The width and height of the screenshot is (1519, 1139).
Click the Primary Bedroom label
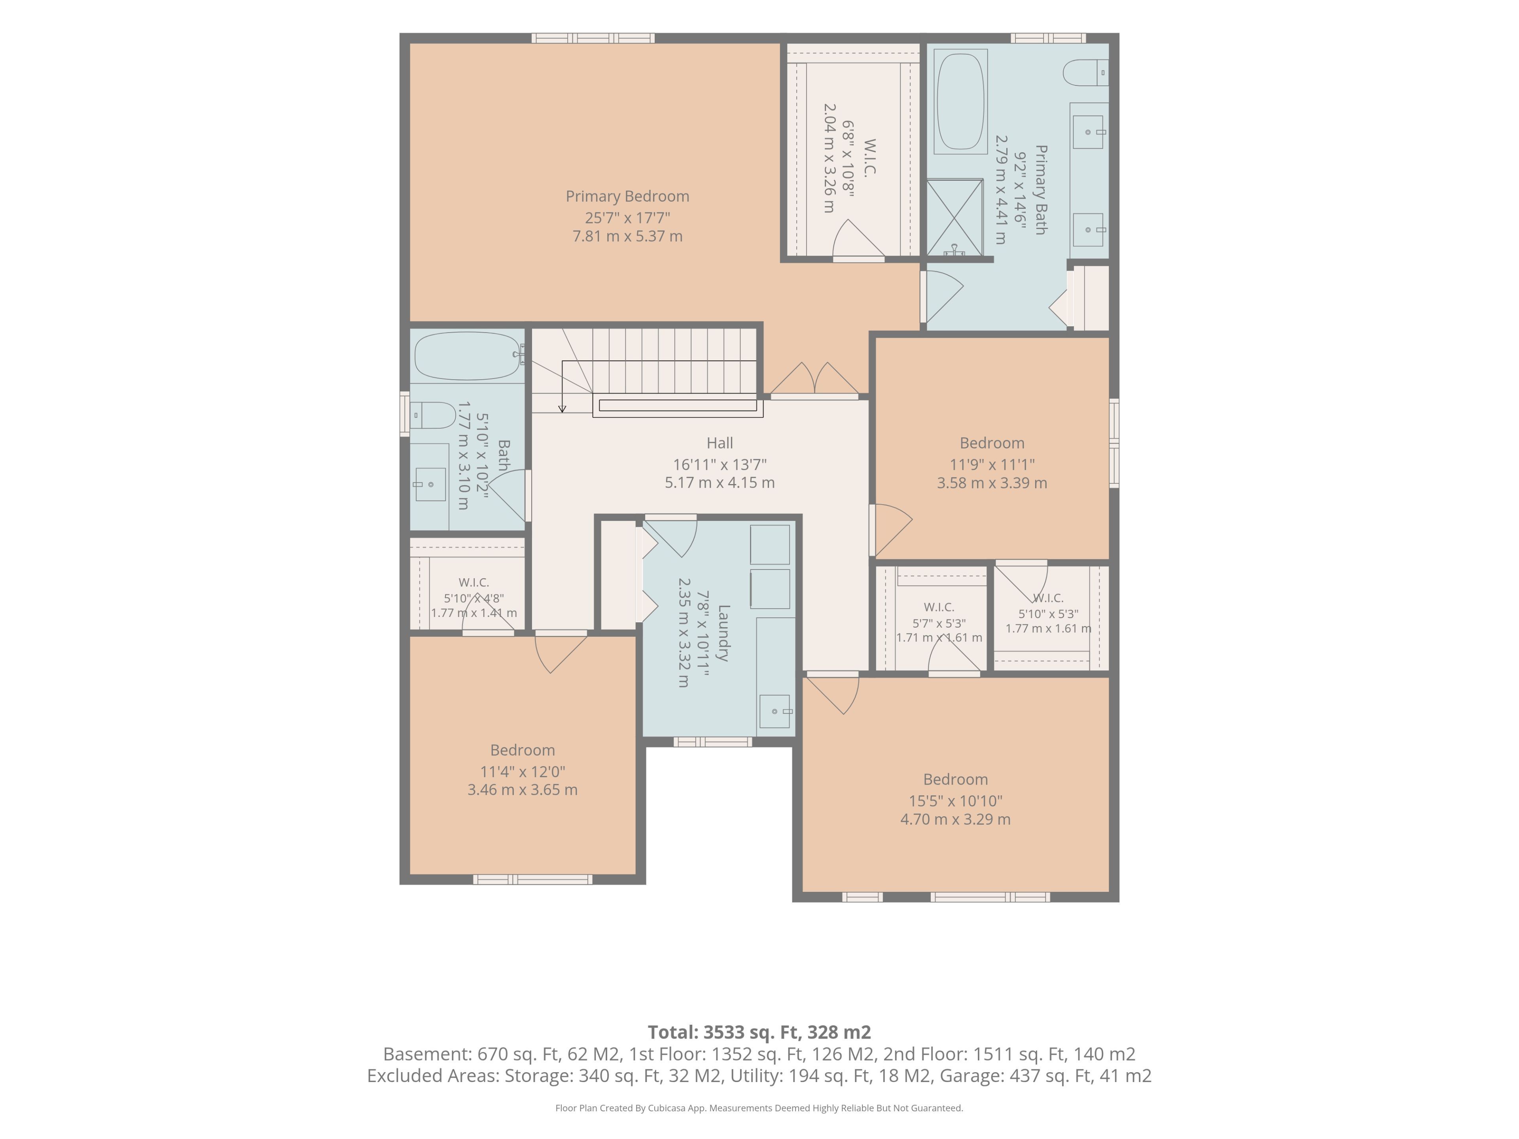[627, 196]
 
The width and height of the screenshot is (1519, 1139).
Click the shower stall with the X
[955, 217]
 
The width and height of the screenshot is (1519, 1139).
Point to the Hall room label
[720, 443]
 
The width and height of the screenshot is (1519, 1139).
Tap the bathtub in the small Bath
[468, 356]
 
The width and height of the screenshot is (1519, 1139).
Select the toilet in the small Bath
[433, 415]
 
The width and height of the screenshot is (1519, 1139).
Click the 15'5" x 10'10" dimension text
[955, 800]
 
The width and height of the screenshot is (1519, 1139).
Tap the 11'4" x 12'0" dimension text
[523, 771]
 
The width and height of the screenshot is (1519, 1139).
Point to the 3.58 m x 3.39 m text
[992, 482]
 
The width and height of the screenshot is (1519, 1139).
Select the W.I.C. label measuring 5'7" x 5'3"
[939, 607]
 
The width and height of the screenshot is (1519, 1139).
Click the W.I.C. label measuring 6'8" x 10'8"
[869, 158]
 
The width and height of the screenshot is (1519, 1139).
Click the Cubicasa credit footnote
[759, 1108]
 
